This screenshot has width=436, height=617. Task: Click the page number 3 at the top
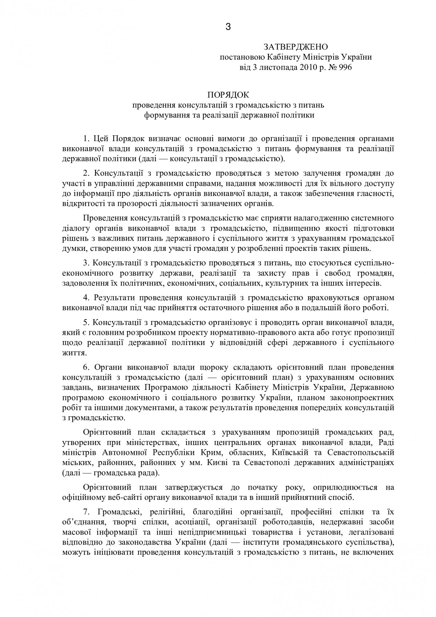[228, 27]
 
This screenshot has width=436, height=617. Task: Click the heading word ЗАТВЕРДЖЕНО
[296, 47]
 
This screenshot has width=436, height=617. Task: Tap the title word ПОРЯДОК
[228, 95]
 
